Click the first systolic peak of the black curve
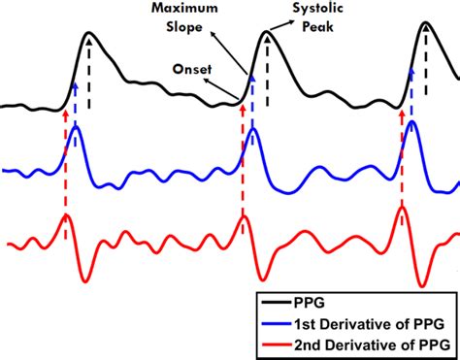(x=89, y=34)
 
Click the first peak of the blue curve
(x=76, y=126)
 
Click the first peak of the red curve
(x=65, y=215)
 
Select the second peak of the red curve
(x=242, y=214)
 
